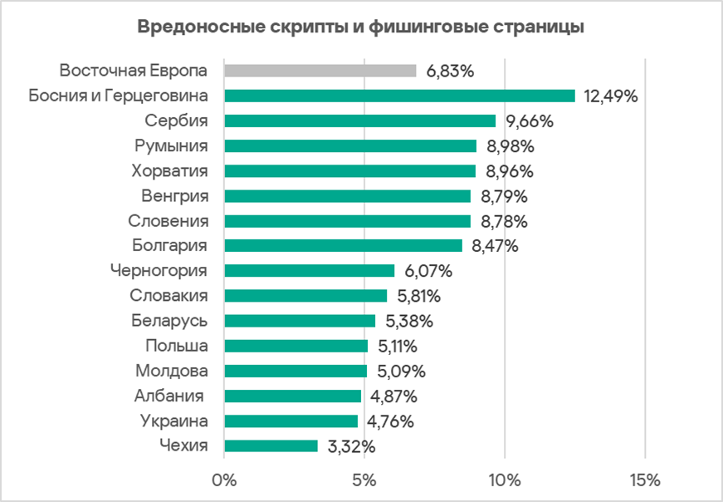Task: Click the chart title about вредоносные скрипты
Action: coord(361,27)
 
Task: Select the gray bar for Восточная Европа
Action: coord(320,71)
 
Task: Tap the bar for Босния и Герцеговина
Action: coord(399,96)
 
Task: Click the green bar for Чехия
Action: coord(271,446)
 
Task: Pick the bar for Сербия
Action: coord(359,121)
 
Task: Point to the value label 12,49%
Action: coord(611,96)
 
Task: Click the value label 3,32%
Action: coord(352,446)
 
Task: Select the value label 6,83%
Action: coord(450,71)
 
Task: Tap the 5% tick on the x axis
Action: coord(364,480)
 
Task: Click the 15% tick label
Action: coord(645,480)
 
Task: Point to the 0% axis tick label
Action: coord(224,480)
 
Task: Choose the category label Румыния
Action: coord(171,146)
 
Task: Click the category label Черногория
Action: coord(159,271)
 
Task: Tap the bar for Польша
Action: coord(296,346)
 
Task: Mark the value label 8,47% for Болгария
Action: coord(495,246)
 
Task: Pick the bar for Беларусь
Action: coord(300,321)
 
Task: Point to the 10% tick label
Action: coord(505,480)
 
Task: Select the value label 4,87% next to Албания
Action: coord(393,396)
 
